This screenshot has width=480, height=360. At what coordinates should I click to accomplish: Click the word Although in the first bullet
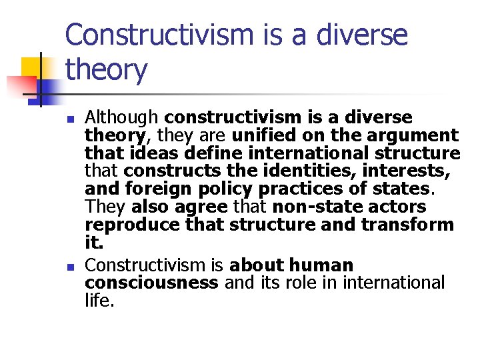tap(121, 118)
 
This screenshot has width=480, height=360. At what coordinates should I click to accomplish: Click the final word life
tap(99, 301)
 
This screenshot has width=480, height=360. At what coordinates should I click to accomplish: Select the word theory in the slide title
tap(107, 69)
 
